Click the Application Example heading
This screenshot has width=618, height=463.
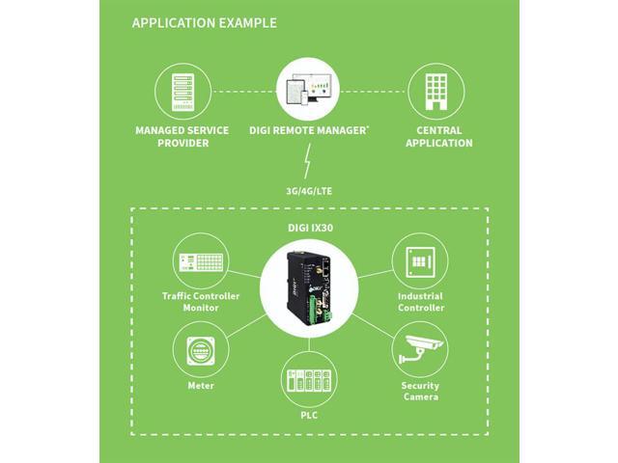tap(204, 22)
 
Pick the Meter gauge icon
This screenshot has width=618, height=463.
tap(201, 350)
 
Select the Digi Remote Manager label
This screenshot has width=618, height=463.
tap(308, 129)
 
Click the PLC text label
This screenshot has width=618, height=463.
tap(308, 417)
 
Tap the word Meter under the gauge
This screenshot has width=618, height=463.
tap(201, 386)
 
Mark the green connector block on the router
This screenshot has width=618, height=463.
tap(329, 313)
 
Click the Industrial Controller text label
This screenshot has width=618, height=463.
tap(420, 301)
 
